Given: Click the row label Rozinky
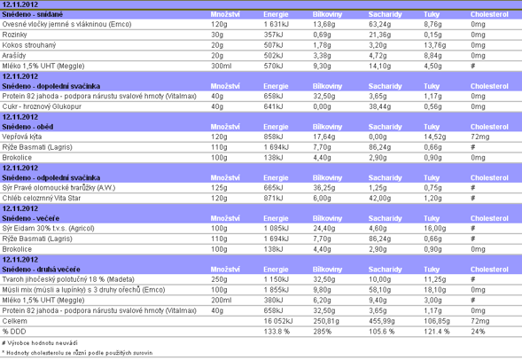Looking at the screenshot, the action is click(x=14, y=35).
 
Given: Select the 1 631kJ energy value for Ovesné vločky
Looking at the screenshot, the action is click(x=277, y=24).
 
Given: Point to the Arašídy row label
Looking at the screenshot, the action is click(x=14, y=56).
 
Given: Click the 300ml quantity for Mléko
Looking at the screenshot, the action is click(x=222, y=66).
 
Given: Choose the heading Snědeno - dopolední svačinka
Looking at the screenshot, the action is click(x=51, y=86).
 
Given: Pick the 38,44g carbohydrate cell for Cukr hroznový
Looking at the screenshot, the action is click(x=380, y=106).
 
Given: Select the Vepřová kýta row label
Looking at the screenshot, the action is click(x=22, y=137).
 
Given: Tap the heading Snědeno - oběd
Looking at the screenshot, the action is click(x=27, y=127).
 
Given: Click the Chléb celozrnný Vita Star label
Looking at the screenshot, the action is click(x=42, y=198).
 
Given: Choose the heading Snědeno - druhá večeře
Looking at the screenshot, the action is click(x=41, y=270).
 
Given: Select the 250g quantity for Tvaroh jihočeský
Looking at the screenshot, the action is click(x=219, y=279).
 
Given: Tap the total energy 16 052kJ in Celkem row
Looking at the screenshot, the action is click(x=278, y=321).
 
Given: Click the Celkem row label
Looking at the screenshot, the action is click(x=15, y=321).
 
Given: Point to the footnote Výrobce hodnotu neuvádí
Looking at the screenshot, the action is click(x=40, y=342).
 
